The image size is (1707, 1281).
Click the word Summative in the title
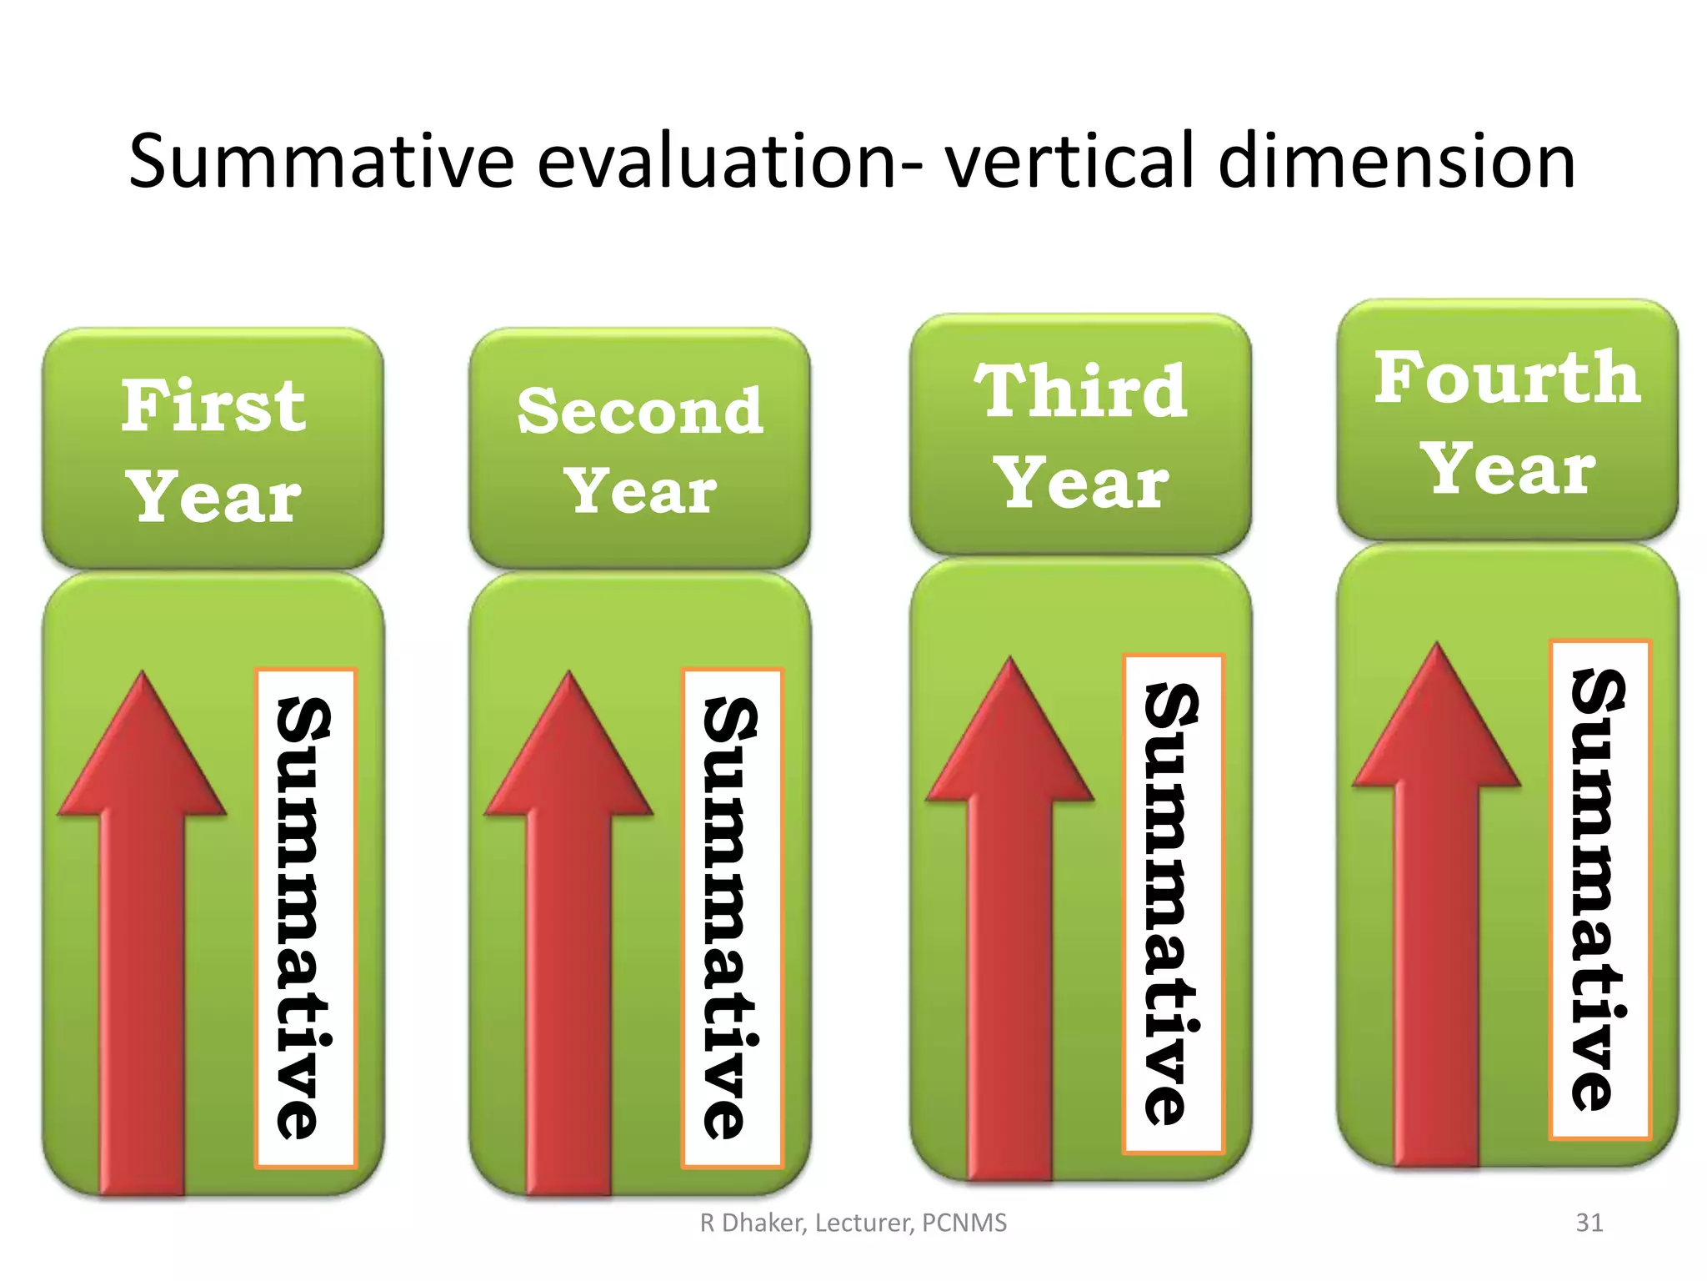point(321,161)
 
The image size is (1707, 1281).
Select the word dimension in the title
point(1396,161)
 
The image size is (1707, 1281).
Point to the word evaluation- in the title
point(729,161)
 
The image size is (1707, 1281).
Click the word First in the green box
point(213,406)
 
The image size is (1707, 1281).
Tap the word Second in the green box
point(639,411)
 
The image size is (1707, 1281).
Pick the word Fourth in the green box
point(1507,378)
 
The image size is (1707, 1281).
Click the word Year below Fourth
point(1507,469)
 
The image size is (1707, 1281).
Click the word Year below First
point(213,497)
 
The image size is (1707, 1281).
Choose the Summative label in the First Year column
point(305,917)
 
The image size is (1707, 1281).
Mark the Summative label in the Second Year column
point(732,917)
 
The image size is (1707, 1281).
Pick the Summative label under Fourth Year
point(1599,889)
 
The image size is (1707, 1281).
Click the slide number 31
point(1589,1223)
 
